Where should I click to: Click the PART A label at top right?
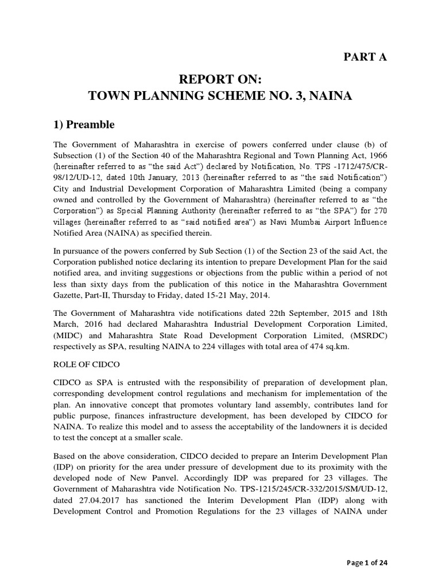[x=365, y=56]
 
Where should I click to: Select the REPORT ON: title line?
[x=220, y=79]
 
